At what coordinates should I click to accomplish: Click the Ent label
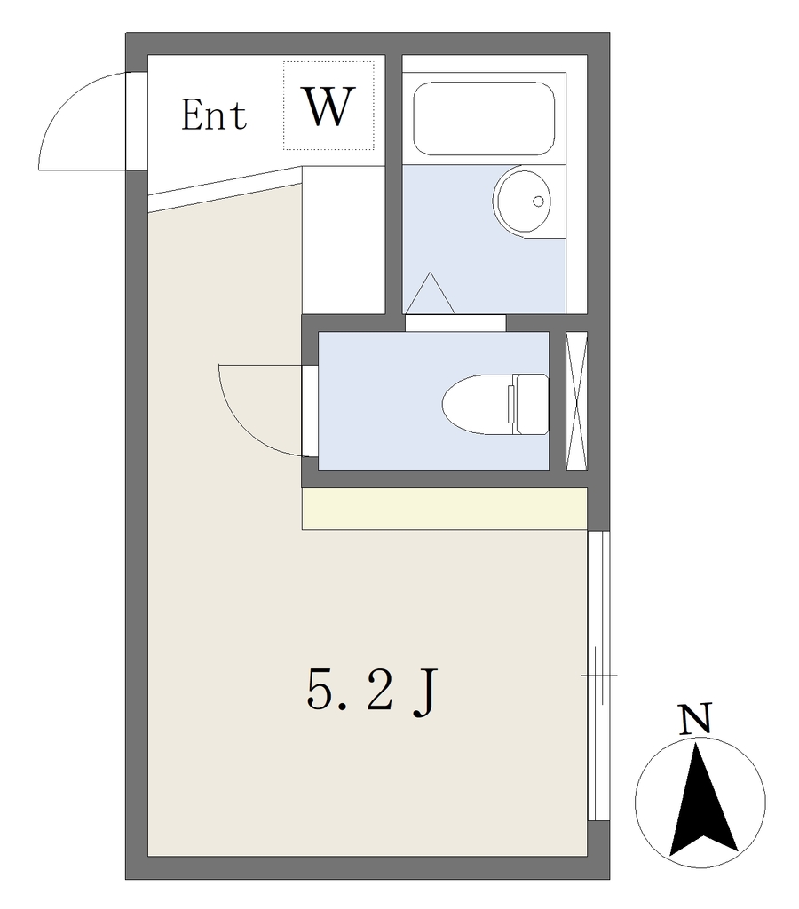point(214,115)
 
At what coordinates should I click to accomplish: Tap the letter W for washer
point(328,107)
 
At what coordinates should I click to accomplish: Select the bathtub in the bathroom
point(484,118)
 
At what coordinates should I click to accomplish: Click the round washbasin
point(522,202)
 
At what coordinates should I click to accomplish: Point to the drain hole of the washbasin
point(538,202)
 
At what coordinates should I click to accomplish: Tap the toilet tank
point(532,404)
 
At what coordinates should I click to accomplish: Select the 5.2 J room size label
point(370,692)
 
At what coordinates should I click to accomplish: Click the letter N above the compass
point(694,719)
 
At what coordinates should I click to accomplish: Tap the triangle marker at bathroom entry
point(430,293)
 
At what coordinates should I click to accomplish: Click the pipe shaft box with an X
point(576,401)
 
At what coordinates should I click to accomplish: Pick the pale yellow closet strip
point(445,509)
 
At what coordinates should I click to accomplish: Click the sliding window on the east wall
point(598,676)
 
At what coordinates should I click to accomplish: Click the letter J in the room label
point(423,693)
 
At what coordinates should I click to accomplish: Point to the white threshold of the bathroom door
point(455,323)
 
